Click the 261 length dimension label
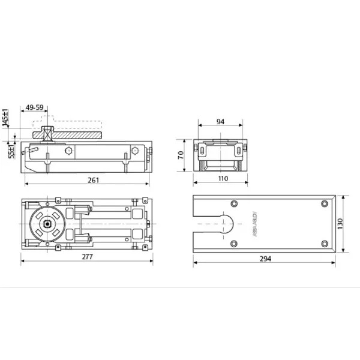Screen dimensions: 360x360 93,180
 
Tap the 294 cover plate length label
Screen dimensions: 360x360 265,259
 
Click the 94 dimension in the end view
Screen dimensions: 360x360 220,122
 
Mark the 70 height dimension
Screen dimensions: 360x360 179,155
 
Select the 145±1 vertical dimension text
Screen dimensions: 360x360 6,118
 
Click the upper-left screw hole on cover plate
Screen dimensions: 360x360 233,202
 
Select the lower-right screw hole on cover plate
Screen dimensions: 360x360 325,243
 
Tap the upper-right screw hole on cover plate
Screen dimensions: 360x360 325,202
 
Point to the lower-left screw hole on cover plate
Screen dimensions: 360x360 233,243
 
